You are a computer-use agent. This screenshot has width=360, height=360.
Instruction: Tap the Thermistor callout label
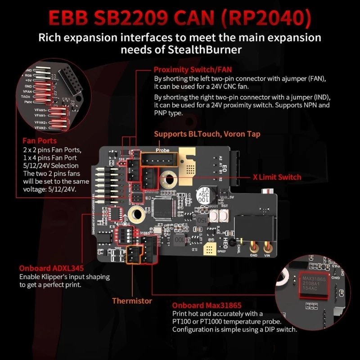click(x=132, y=301)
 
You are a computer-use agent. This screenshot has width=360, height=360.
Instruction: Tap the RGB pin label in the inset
click(x=41, y=76)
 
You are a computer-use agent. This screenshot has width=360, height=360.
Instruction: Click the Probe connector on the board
click(x=159, y=160)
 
